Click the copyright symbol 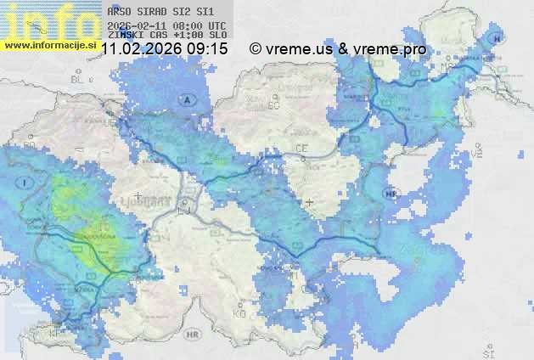256,49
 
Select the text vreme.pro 390,49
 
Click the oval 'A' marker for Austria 186,99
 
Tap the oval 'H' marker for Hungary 497,39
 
